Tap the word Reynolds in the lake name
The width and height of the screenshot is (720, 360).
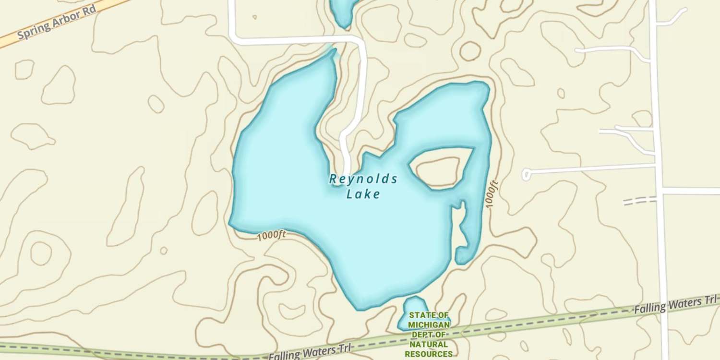click(x=363, y=180)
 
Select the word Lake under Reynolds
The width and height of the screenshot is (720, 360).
click(x=363, y=194)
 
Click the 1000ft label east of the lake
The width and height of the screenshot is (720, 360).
click(x=492, y=194)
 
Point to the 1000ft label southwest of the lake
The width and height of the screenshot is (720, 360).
click(x=271, y=236)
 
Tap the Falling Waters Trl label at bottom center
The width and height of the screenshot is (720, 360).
click(x=310, y=353)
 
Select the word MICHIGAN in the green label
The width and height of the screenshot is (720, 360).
click(x=429, y=325)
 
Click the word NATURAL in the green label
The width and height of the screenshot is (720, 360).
click(x=429, y=344)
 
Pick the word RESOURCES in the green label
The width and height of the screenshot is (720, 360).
click(x=429, y=354)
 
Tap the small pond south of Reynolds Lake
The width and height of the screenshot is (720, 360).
click(x=413, y=307)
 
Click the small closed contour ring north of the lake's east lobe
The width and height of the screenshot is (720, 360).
click(x=470, y=51)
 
